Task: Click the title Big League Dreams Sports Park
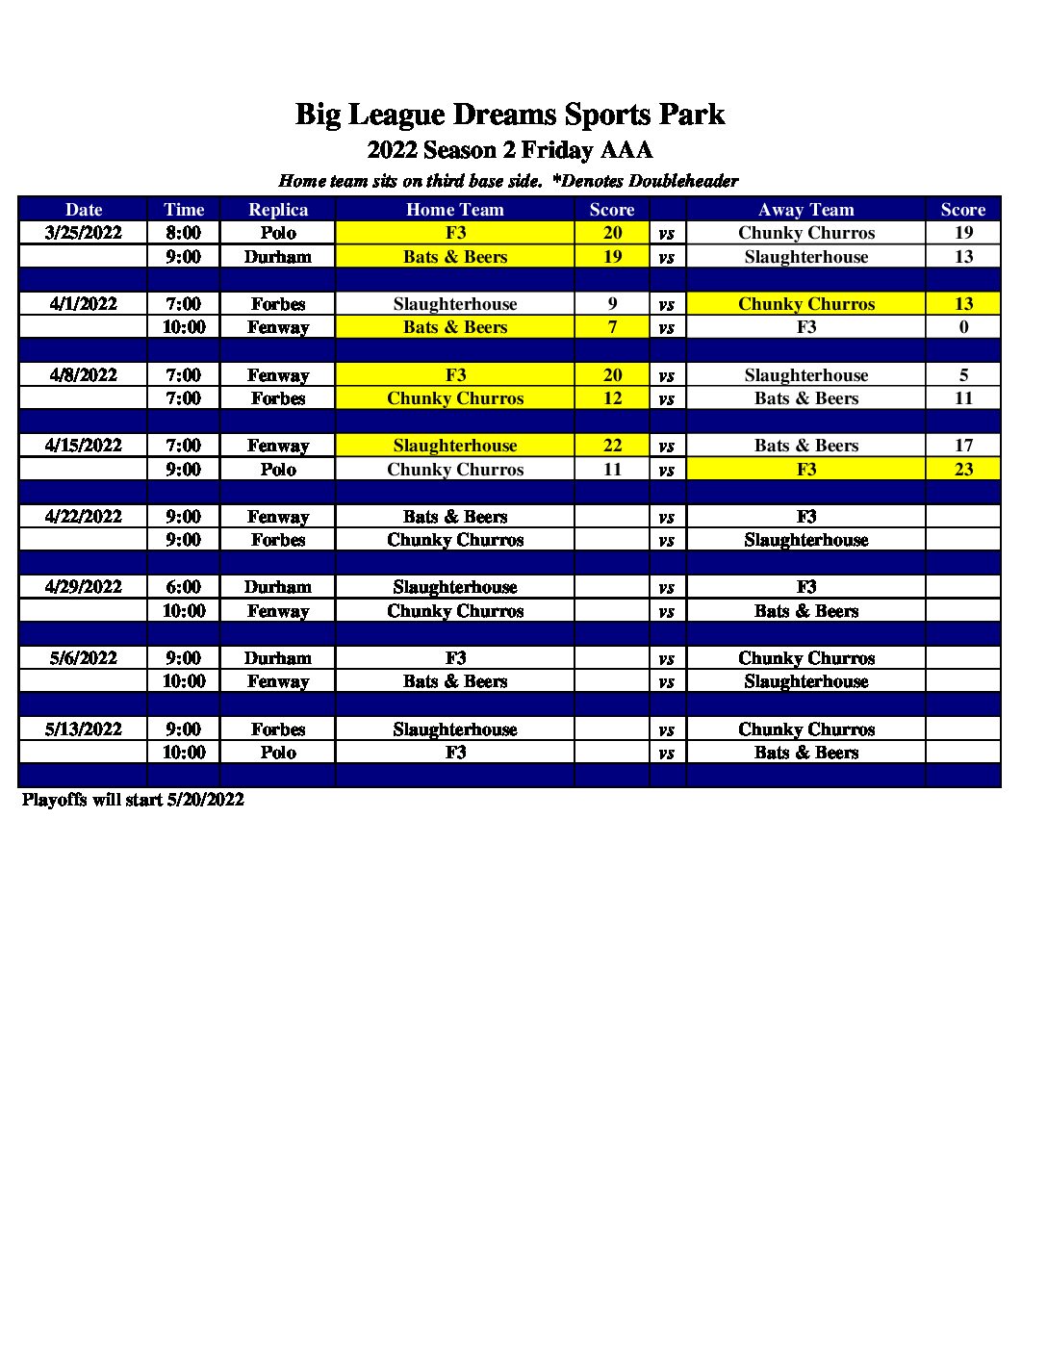pos(509,115)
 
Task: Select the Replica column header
pos(278,210)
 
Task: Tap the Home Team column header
pos(454,210)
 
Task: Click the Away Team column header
pos(805,210)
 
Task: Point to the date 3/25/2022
pos(84,233)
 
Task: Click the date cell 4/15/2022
pos(84,446)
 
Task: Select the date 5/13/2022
pos(84,729)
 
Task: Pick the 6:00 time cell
pos(183,587)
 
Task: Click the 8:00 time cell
pos(183,233)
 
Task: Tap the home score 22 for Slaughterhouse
pos(612,446)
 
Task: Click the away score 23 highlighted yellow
pos(963,470)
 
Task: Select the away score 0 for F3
pos(963,327)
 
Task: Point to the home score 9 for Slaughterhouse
pos(612,304)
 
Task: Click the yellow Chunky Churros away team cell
pos(805,304)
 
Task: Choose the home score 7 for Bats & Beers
pos(612,327)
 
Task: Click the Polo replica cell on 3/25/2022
pos(278,233)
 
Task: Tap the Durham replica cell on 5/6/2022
pos(278,658)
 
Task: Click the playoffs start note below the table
pos(133,800)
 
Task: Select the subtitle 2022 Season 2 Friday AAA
pos(509,150)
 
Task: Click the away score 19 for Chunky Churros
pos(963,233)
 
